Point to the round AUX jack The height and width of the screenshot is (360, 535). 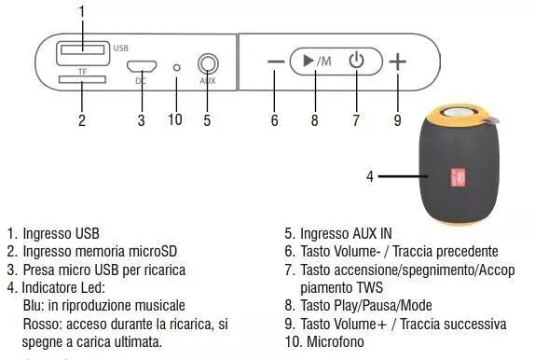click(207, 65)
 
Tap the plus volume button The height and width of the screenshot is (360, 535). click(398, 62)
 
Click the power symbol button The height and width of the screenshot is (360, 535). click(355, 62)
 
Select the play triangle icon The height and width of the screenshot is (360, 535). click(308, 62)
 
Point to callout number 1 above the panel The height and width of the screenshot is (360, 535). click(82, 10)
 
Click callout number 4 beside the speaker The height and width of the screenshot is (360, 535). click(370, 175)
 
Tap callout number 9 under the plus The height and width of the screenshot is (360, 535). click(398, 119)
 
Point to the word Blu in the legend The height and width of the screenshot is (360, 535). click(32, 306)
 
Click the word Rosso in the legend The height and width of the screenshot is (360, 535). click(40, 324)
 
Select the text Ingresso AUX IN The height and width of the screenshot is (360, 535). click(344, 233)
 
